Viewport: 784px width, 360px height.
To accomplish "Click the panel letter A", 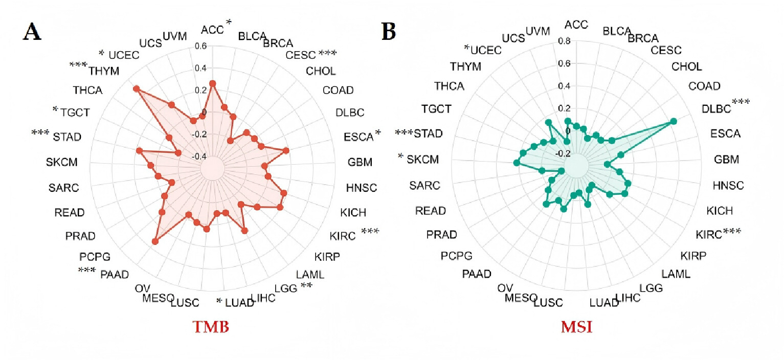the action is [32, 32].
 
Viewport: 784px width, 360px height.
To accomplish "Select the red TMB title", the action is [211, 327].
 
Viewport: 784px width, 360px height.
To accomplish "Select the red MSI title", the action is [576, 327].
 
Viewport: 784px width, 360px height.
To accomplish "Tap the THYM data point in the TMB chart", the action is [136, 89].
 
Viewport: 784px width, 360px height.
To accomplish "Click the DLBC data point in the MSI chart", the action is [673, 121].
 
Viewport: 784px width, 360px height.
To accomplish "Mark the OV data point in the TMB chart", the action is [155, 241].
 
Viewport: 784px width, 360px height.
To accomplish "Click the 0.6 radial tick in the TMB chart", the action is [201, 46].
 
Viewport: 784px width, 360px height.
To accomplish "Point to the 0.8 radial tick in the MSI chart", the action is [564, 41].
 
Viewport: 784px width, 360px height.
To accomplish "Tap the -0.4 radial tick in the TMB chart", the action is [199, 156].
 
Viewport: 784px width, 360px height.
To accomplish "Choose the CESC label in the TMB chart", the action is [301, 55].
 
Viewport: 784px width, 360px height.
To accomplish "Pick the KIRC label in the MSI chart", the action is [709, 234].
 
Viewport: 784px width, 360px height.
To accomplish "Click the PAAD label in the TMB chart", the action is [115, 274].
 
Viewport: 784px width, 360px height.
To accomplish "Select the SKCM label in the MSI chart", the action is [422, 160].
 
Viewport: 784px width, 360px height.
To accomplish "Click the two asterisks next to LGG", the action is [306, 285].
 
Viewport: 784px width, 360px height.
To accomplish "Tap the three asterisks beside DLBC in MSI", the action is [741, 102].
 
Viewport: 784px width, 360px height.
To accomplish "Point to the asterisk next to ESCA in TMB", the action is [377, 132].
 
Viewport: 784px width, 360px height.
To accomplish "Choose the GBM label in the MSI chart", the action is [726, 160].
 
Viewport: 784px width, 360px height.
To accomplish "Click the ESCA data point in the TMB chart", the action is [286, 151].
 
